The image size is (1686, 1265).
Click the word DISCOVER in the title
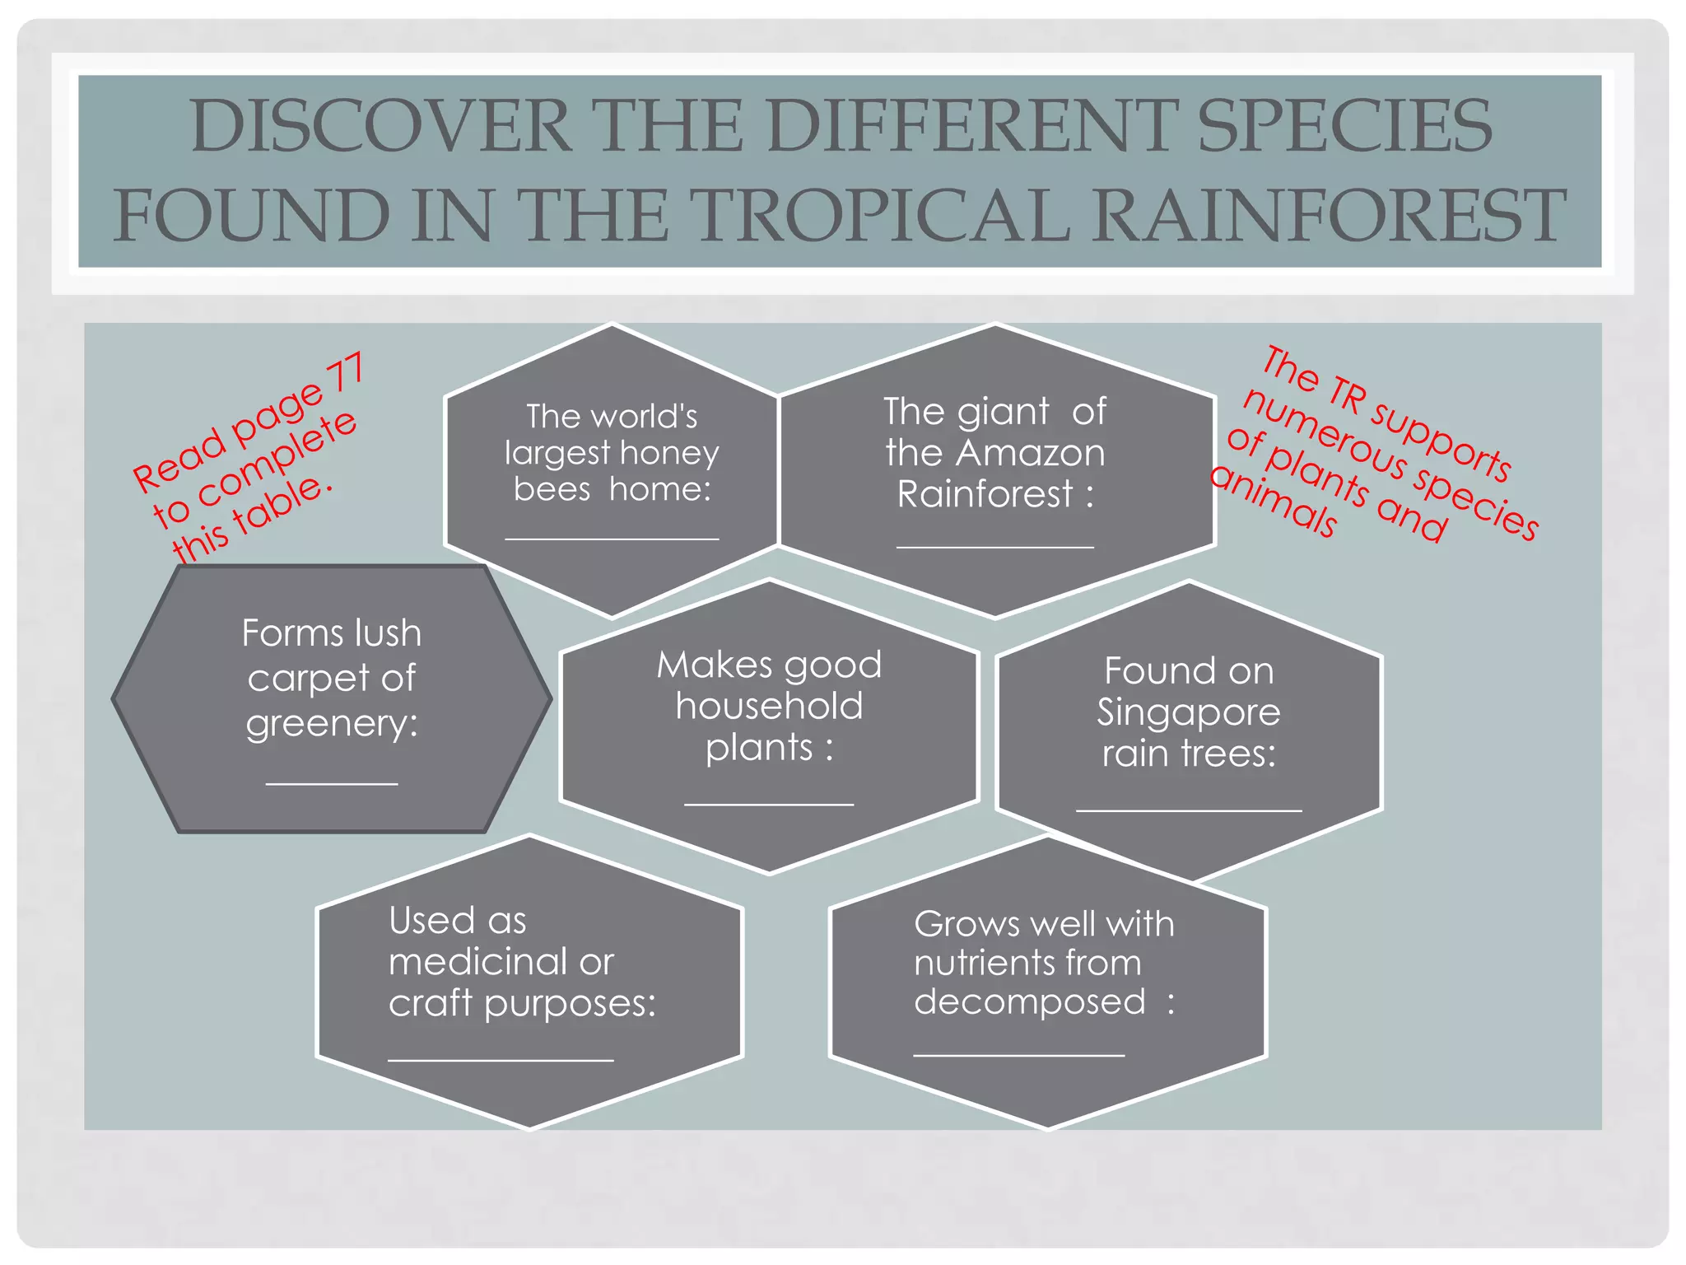pos(381,126)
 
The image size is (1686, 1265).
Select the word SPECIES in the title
pos(1344,126)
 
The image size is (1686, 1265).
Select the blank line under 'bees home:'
pos(612,539)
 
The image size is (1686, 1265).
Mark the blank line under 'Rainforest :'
pos(994,547)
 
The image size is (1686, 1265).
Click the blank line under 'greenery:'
pos(332,784)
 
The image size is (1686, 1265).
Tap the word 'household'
pos(769,706)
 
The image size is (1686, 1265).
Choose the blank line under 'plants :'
pos(769,804)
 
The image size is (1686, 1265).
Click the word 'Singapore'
pos(1188,712)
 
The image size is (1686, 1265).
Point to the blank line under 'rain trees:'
pos(1188,811)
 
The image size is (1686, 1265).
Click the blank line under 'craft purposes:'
pos(501,1061)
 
